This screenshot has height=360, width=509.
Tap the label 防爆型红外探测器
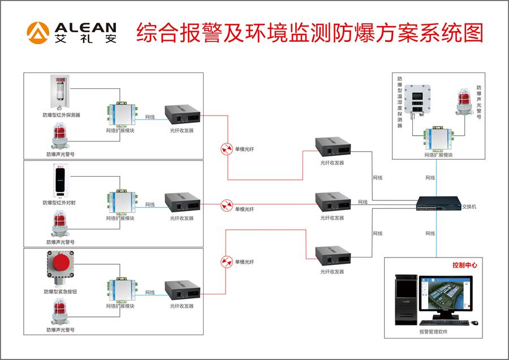point(61,115)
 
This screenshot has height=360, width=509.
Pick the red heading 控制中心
point(464,265)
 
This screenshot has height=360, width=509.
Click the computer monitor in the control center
point(444,297)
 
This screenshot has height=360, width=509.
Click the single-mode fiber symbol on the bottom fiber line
point(226,261)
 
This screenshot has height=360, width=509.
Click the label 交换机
point(469,207)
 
